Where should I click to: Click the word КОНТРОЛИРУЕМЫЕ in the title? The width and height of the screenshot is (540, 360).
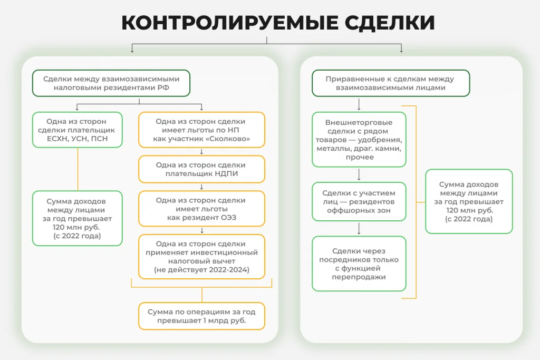(x=230, y=23)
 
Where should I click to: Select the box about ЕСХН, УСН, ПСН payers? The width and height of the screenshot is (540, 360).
(x=78, y=130)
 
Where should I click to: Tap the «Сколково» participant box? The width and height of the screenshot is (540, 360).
(x=201, y=130)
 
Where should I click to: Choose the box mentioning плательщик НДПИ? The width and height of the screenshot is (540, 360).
(x=201, y=169)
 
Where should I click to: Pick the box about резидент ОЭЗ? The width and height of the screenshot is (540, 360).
(x=201, y=209)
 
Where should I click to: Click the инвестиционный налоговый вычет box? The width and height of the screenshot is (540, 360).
(x=201, y=256)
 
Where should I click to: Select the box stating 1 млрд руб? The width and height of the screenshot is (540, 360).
(x=201, y=316)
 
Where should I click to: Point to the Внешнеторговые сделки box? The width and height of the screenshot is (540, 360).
(x=359, y=139)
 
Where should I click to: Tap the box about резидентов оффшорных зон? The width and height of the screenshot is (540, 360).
(x=359, y=201)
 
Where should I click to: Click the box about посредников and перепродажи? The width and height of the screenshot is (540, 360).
(x=359, y=264)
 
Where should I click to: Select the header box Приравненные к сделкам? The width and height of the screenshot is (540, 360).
(x=391, y=83)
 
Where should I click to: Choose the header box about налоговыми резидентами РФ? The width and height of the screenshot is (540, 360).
(x=111, y=83)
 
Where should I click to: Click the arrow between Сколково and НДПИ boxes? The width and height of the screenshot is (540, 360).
(x=202, y=152)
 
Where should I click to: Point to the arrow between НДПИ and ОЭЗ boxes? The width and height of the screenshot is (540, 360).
(x=202, y=187)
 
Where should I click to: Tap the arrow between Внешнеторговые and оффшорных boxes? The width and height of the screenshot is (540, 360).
(x=359, y=174)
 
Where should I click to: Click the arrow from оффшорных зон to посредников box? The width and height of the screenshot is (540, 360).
(x=359, y=229)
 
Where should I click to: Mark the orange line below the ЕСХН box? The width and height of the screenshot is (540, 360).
(x=78, y=169)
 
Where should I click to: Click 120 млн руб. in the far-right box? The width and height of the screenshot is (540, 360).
(x=469, y=210)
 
